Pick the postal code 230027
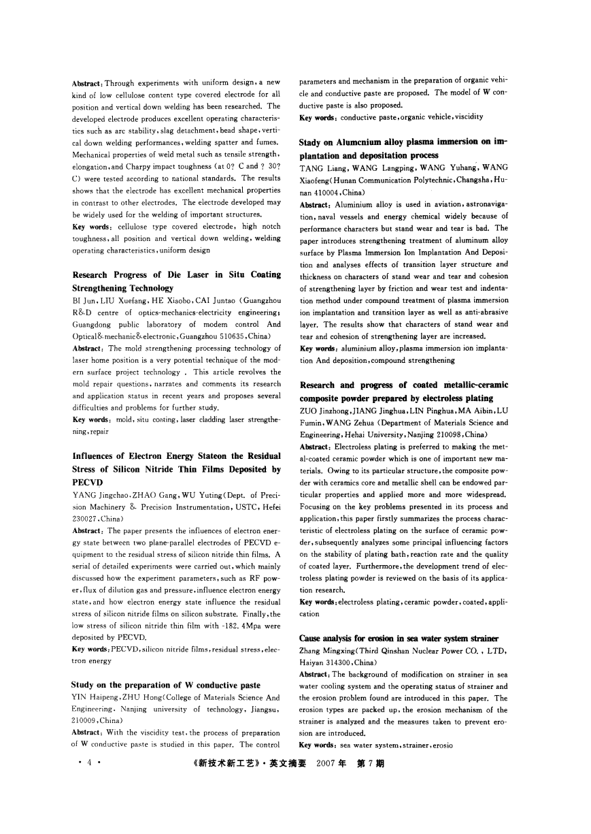84,517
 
